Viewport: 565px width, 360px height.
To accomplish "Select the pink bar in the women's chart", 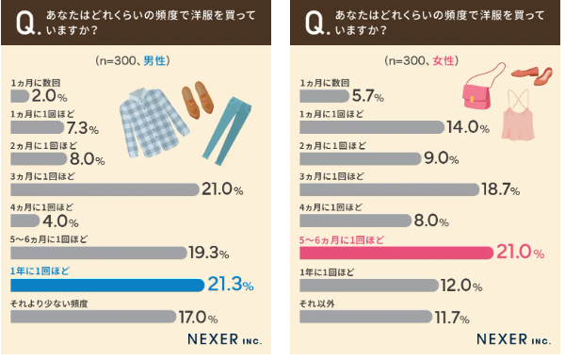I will click(395, 253).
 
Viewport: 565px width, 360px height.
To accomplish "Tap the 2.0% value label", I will click(50, 96).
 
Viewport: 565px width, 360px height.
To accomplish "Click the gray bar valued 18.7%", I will click(387, 189).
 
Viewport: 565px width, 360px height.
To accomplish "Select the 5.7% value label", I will click(365, 96).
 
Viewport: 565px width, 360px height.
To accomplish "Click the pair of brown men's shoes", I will click(197, 97).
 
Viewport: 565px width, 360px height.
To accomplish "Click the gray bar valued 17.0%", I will click(94, 317).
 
